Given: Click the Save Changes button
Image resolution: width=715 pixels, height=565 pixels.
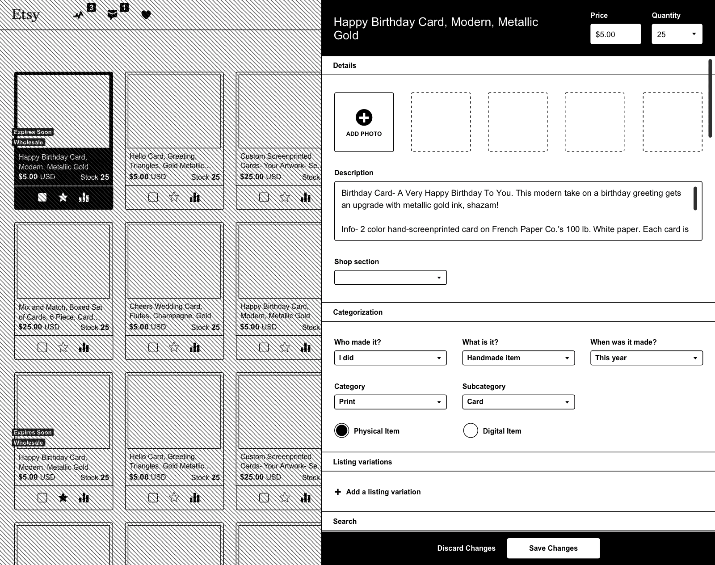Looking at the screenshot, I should (553, 548).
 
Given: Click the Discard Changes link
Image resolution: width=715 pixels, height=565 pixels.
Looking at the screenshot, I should (466, 548).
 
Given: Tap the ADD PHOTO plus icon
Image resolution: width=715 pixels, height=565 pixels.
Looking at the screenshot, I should (364, 118).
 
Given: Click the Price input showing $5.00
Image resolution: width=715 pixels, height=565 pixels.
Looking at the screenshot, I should (615, 34).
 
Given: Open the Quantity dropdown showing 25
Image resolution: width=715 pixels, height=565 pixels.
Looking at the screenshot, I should (677, 34).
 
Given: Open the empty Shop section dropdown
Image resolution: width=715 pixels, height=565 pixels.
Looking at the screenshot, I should (390, 278).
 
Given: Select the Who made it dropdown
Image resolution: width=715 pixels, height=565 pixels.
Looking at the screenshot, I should (390, 358).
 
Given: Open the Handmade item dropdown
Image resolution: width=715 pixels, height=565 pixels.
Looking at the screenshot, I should (518, 358).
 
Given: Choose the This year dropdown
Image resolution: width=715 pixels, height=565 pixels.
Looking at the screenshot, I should (646, 358).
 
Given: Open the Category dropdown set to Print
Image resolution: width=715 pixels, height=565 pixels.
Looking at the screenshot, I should (390, 402).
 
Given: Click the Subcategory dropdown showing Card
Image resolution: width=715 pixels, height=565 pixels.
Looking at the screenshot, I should (518, 402).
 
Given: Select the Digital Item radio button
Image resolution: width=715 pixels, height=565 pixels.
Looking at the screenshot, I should (471, 430).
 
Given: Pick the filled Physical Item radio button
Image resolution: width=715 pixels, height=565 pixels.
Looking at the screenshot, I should (342, 430).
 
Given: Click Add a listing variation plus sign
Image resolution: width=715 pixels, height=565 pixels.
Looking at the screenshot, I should (338, 492).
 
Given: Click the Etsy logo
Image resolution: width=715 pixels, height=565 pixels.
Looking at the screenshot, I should (25, 14).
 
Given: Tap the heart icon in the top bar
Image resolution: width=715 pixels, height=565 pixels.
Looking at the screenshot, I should (146, 15).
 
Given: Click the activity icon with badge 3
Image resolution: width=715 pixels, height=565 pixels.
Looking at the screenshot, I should (79, 15).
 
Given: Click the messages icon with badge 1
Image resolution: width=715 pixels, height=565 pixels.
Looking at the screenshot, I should (113, 15).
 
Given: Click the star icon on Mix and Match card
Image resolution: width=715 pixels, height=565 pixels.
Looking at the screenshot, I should (63, 347).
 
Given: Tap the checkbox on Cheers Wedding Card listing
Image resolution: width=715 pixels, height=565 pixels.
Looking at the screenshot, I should (153, 347).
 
